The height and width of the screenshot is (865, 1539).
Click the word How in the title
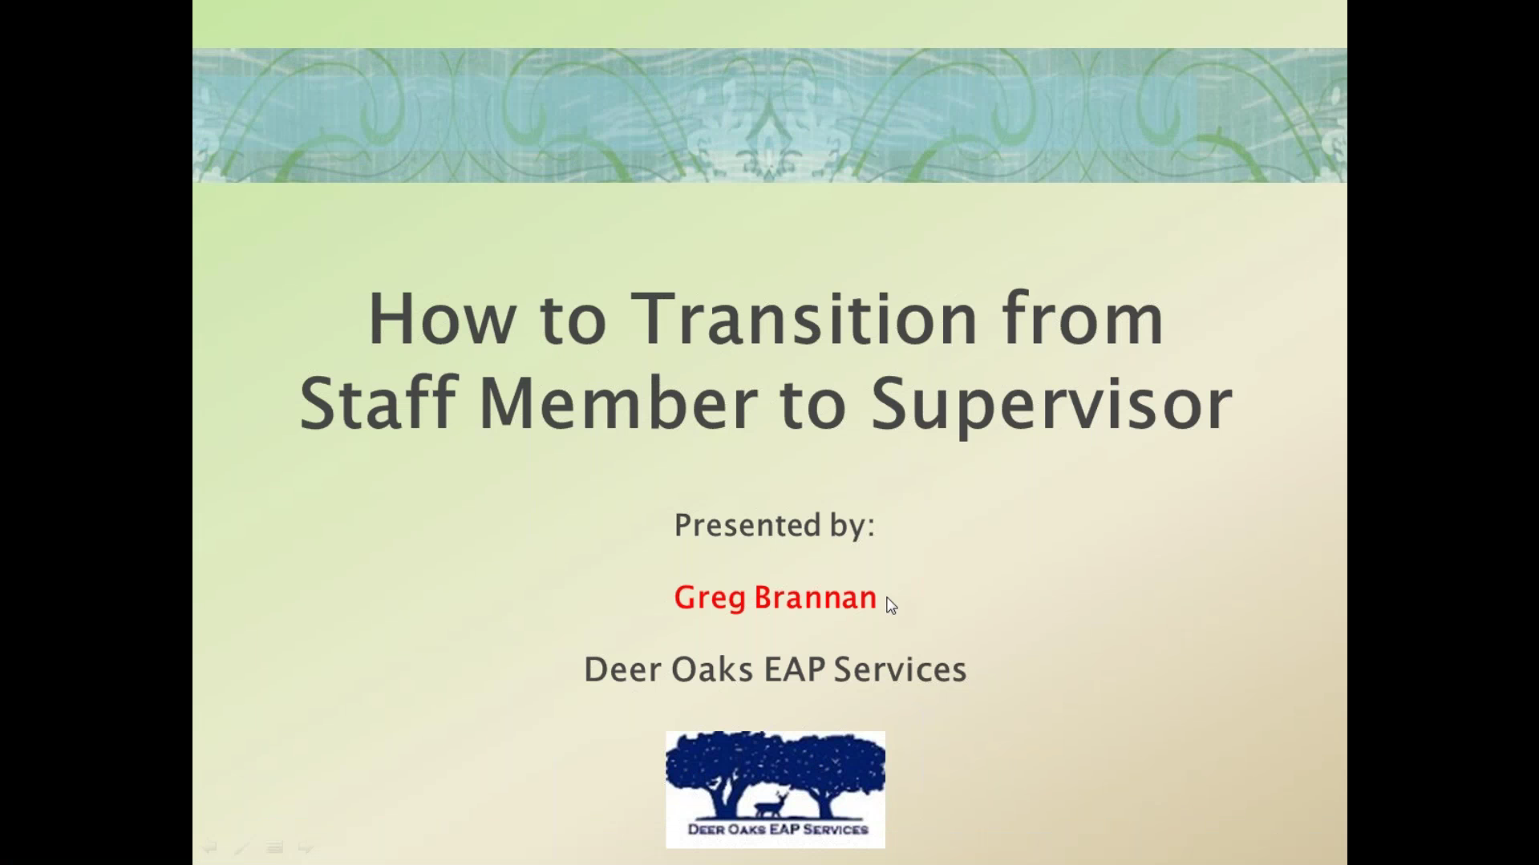(x=441, y=320)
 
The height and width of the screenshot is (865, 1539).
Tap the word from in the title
(x=1083, y=320)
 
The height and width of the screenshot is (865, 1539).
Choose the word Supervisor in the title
(x=1051, y=405)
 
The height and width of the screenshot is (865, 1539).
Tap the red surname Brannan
(x=815, y=598)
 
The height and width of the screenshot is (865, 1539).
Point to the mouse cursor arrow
(x=890, y=604)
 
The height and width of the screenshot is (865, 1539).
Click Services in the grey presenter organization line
(x=900, y=670)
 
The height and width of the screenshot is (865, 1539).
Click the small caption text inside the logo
(x=777, y=830)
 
